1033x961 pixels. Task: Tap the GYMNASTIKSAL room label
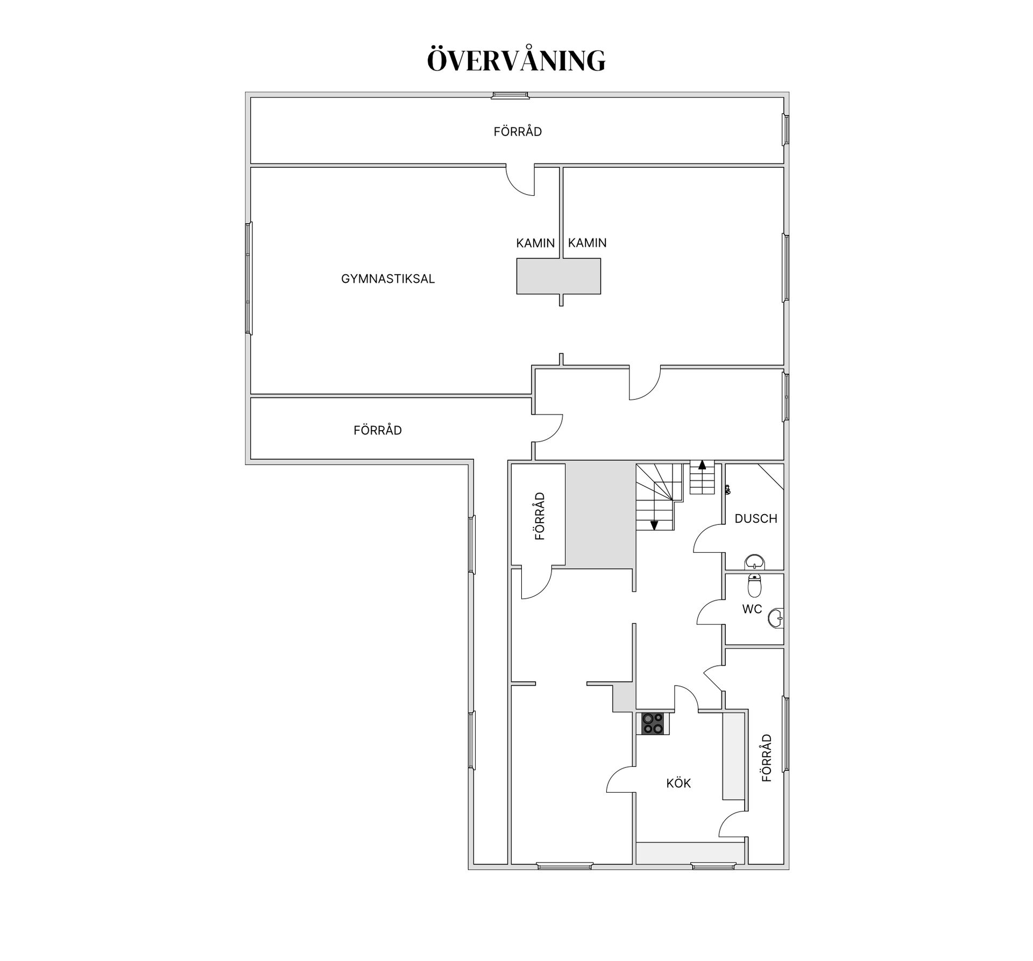(388, 279)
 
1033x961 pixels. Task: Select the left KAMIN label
(535, 243)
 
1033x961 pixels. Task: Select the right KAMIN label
(587, 243)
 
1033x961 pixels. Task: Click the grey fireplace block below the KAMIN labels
(558, 276)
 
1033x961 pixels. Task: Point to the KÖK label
(678, 783)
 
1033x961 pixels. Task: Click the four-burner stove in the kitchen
(653, 723)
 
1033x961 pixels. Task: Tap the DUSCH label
(756, 518)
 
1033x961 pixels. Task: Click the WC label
(752, 609)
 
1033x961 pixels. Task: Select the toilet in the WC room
(755, 585)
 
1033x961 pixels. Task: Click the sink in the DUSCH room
(755, 563)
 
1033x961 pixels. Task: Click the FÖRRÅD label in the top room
(518, 131)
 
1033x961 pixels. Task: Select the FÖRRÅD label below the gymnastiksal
(378, 430)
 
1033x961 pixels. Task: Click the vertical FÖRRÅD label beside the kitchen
(767, 758)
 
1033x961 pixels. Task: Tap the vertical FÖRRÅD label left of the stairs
(540, 516)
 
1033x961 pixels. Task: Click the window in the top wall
(510, 96)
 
